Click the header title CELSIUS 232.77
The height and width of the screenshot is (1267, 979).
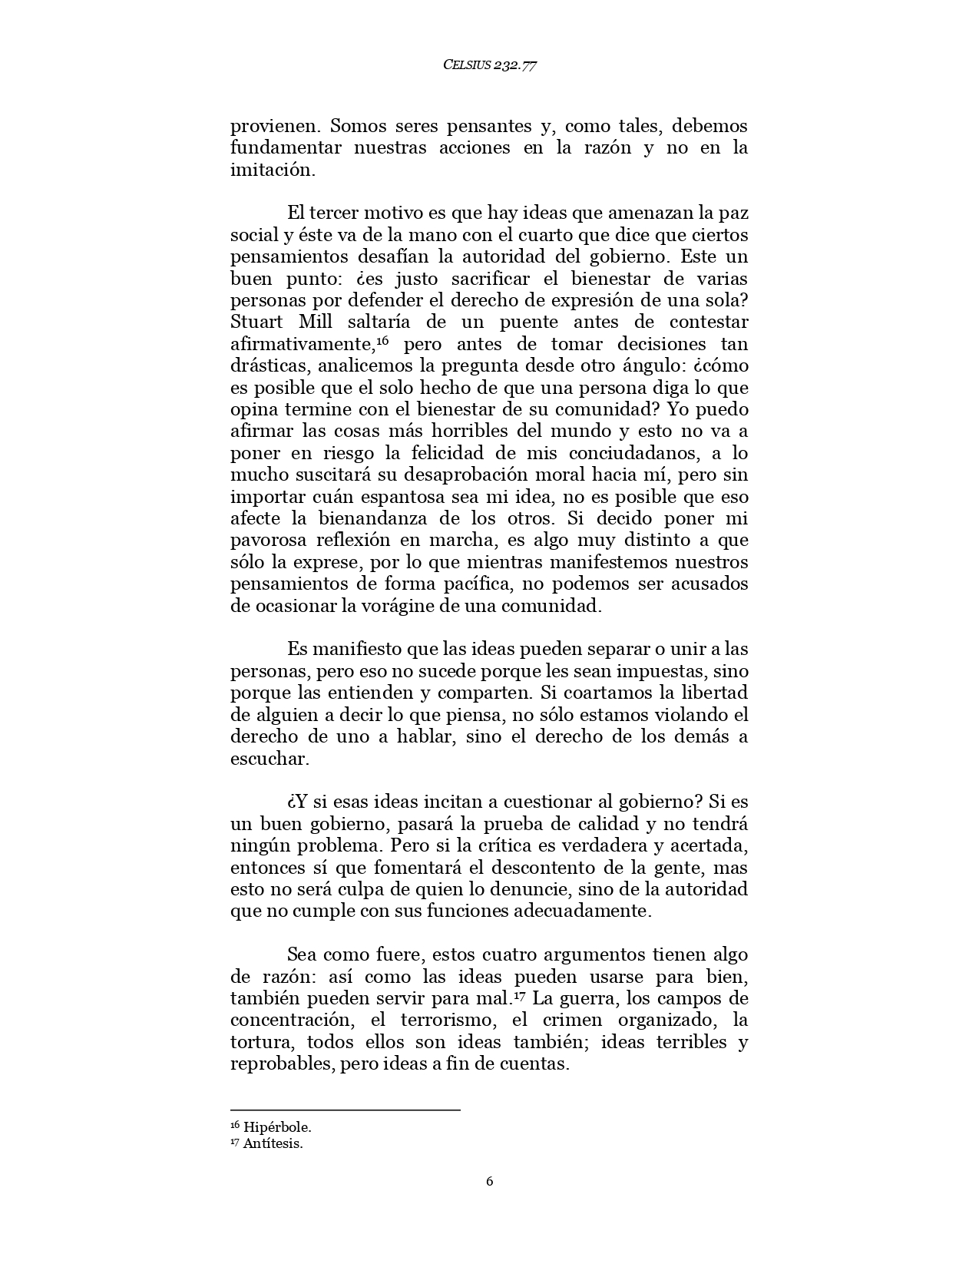(x=489, y=65)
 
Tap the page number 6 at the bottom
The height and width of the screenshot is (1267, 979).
(x=489, y=1181)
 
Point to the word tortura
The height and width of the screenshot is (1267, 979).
(x=262, y=1043)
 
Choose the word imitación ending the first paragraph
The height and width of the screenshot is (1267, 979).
(x=273, y=170)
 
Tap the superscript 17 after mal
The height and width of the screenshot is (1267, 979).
(x=519, y=995)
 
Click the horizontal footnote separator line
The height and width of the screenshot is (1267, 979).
(x=345, y=1110)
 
